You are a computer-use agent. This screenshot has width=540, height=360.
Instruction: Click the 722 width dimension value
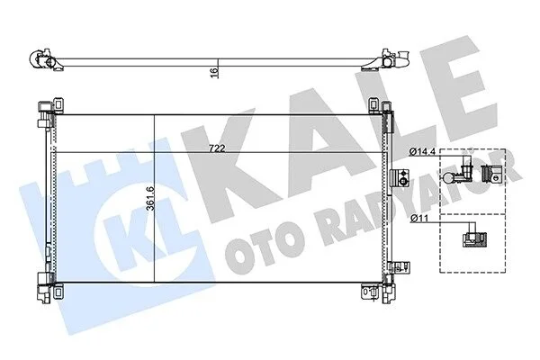[x=217, y=148]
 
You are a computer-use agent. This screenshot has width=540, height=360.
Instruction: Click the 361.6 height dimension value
[x=150, y=198]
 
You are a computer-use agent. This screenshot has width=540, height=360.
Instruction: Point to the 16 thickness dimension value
[x=214, y=73]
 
